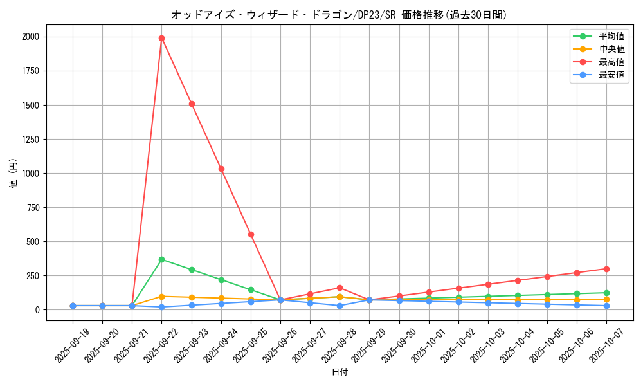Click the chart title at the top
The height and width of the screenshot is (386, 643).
tap(339, 14)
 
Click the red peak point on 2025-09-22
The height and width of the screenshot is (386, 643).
tap(161, 38)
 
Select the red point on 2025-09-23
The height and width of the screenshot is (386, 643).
tap(192, 104)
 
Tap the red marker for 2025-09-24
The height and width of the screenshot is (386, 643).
tap(221, 169)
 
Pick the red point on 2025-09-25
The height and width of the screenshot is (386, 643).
tap(251, 234)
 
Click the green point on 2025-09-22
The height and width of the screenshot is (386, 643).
tap(161, 259)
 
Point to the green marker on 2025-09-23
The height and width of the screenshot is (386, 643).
tap(192, 270)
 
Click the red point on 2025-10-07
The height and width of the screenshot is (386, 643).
tap(606, 269)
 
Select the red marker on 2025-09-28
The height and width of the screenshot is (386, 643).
tap(340, 288)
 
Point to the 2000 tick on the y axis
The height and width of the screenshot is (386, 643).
tap(30, 37)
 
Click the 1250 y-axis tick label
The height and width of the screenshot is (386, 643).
tap(30, 140)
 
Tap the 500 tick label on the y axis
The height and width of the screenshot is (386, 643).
tap(32, 242)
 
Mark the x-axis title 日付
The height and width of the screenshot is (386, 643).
tap(340, 372)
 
